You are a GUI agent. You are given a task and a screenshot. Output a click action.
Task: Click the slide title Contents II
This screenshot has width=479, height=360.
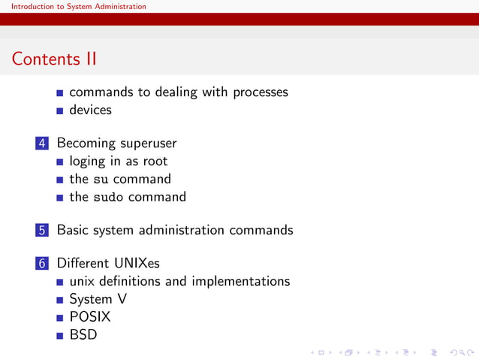pos(55,59)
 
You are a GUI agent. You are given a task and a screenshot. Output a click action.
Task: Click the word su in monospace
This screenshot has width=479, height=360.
pos(100,180)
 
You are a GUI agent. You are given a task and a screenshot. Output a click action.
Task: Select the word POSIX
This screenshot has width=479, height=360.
pos(90,317)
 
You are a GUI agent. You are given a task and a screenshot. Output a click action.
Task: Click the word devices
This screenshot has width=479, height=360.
pos(90,110)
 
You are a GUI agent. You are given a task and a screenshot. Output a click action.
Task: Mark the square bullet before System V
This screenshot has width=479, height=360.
pos(60,300)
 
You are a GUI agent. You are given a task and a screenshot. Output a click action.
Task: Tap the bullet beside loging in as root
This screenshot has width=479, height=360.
pos(60,162)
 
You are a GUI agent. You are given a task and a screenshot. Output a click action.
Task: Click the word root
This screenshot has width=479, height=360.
pos(155,162)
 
